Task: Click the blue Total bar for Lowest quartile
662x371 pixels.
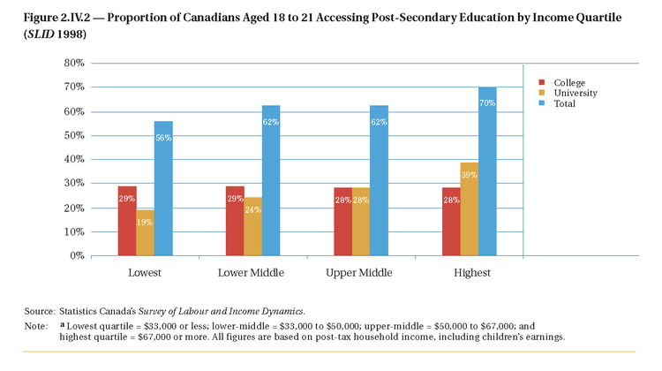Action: (x=163, y=188)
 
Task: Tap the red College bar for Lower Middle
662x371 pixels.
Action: (x=235, y=221)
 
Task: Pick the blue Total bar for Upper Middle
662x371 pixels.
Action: (x=379, y=180)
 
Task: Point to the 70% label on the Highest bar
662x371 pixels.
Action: (x=487, y=103)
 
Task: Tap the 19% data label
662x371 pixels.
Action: (x=145, y=222)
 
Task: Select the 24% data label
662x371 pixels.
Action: (x=252, y=211)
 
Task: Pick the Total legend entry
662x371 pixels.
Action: (x=564, y=103)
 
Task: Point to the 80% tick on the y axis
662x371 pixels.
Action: (x=72, y=63)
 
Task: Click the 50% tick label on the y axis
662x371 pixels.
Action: (x=72, y=135)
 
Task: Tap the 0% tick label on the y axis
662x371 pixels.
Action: (x=75, y=255)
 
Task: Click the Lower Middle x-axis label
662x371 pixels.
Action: (x=251, y=273)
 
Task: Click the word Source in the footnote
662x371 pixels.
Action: (x=40, y=312)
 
